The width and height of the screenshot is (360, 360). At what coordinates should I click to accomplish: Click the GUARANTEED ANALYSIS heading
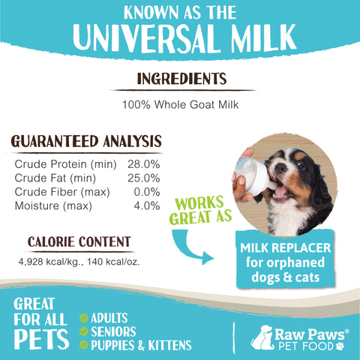click(x=86, y=141)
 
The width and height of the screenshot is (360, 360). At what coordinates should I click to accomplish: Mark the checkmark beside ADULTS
click(x=84, y=318)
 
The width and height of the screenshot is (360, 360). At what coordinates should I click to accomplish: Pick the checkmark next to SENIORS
click(x=84, y=331)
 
